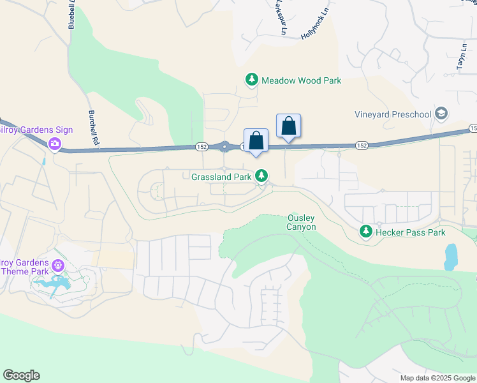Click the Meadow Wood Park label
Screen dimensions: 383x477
point(302,80)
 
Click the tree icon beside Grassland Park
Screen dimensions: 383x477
point(261,175)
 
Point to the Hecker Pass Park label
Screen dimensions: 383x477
point(409,232)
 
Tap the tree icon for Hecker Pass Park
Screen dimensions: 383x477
point(365,231)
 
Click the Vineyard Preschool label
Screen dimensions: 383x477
point(393,115)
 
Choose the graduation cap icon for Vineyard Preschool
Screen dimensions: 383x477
point(441,114)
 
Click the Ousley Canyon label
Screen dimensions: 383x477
point(302,222)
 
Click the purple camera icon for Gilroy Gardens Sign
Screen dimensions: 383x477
point(55,144)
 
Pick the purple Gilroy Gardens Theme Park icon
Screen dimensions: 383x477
point(59,265)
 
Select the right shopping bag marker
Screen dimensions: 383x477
point(288,126)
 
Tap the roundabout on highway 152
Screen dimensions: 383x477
point(224,147)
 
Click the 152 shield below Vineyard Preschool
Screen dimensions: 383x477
point(362,146)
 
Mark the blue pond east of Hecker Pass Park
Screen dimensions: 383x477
point(451,257)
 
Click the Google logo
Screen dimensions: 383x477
point(22,375)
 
